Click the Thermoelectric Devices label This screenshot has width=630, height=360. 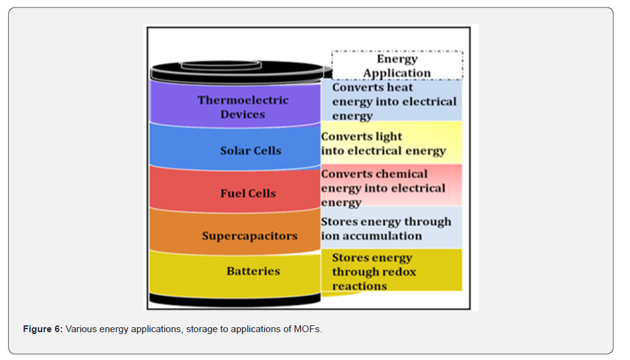pyautogui.click(x=243, y=107)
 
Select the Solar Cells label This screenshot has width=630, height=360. pyautogui.click(x=251, y=150)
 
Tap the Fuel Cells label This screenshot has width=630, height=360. pyautogui.click(x=248, y=193)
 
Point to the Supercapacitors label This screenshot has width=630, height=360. pyautogui.click(x=249, y=236)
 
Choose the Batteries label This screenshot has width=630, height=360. pyautogui.click(x=253, y=271)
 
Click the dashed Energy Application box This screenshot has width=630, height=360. pyautogui.click(x=397, y=66)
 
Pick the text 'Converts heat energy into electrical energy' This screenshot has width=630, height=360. pyautogui.click(x=394, y=101)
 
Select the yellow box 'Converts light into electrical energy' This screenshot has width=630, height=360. pyautogui.click(x=391, y=143)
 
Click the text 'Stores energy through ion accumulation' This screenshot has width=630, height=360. pyautogui.click(x=386, y=228)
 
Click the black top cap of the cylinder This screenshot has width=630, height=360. pyautogui.click(x=236, y=70)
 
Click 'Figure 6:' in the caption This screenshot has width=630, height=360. pyautogui.click(x=43, y=328)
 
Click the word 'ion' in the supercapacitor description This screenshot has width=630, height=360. pyautogui.click(x=329, y=236)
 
